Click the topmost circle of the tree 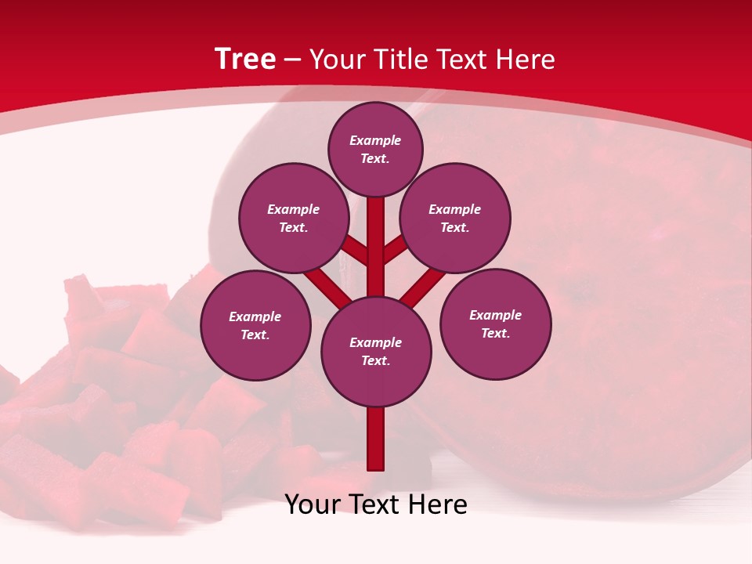pyautogui.click(x=375, y=149)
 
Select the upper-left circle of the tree pyautogui.click(x=293, y=218)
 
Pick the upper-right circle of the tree pyautogui.click(x=455, y=218)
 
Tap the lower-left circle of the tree pyautogui.click(x=255, y=325)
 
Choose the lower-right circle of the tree pyautogui.click(x=496, y=324)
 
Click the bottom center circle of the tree pyautogui.click(x=376, y=352)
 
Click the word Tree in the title pyautogui.click(x=245, y=60)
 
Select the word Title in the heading pyautogui.click(x=396, y=60)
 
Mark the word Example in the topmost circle pyautogui.click(x=375, y=140)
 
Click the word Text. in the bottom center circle pyautogui.click(x=375, y=361)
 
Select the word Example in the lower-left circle pyautogui.click(x=255, y=316)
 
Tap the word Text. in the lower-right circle pyautogui.click(x=495, y=333)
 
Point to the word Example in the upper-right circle pyautogui.click(x=455, y=209)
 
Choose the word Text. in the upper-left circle pyautogui.click(x=293, y=228)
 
